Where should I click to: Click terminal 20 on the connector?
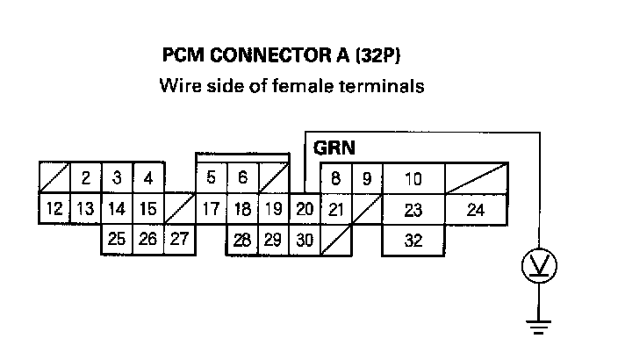click(x=305, y=209)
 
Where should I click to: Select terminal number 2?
click(x=85, y=178)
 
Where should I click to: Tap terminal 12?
click(x=54, y=209)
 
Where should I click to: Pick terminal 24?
click(x=476, y=209)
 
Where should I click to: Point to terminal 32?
click(x=413, y=239)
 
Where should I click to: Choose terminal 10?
click(x=413, y=178)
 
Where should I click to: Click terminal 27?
click(x=178, y=239)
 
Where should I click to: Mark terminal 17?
click(x=210, y=209)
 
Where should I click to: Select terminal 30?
click(x=304, y=239)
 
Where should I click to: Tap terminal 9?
click(x=367, y=178)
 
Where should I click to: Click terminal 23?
click(x=413, y=209)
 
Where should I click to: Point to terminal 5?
click(x=211, y=178)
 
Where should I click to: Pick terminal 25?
click(x=116, y=239)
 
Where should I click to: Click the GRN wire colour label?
click(x=334, y=148)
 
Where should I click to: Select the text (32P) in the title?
click(x=383, y=55)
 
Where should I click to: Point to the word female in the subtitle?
click(x=298, y=86)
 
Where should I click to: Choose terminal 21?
click(x=335, y=209)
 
